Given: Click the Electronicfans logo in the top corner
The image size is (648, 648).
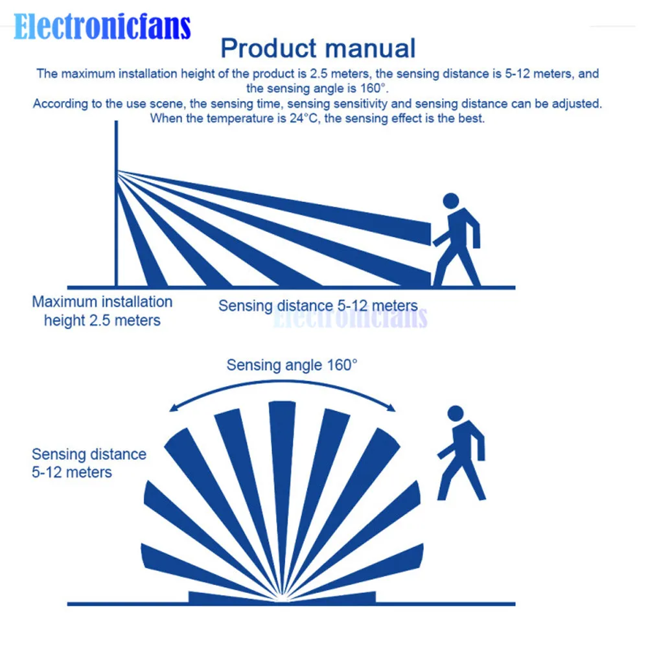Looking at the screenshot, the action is [102, 27].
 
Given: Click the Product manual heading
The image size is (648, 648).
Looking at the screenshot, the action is [318, 49].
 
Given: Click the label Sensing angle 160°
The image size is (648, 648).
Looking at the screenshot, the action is [292, 365].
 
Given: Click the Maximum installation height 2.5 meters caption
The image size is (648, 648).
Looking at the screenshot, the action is [102, 310].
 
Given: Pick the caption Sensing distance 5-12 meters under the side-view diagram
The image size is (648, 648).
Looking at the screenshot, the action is [318, 306].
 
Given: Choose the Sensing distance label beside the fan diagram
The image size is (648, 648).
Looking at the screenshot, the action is [89, 463].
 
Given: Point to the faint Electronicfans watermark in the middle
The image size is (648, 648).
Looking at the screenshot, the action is [350, 318].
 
